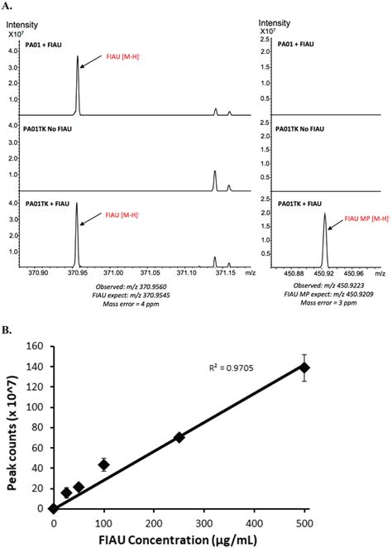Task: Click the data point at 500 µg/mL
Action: (x=305, y=368)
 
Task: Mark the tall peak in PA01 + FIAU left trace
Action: (x=78, y=57)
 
